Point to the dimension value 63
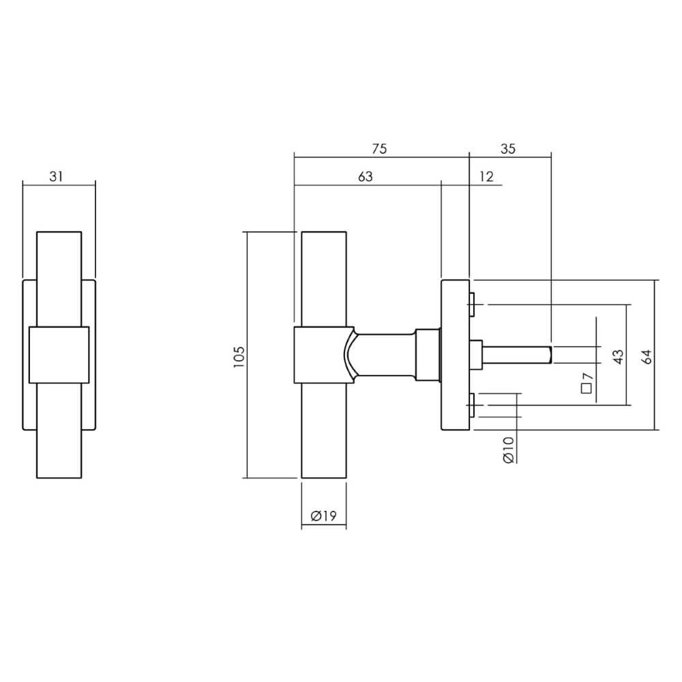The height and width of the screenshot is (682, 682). pos(366,177)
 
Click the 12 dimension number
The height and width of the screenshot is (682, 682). pos(486,177)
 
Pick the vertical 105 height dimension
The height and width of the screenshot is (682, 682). pos(238,357)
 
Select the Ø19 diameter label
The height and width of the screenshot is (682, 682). pos(324,517)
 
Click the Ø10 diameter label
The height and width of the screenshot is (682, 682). pos(508,451)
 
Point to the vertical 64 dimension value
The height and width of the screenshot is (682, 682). pos(647,355)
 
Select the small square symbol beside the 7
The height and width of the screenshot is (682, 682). pos(586,389)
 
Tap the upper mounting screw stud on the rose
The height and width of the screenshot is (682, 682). pos(471,305)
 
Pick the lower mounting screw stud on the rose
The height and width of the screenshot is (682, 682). pos(471,405)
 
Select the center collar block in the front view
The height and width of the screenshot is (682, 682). pos(59,354)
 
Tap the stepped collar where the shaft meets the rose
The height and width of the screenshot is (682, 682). pos(428,355)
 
